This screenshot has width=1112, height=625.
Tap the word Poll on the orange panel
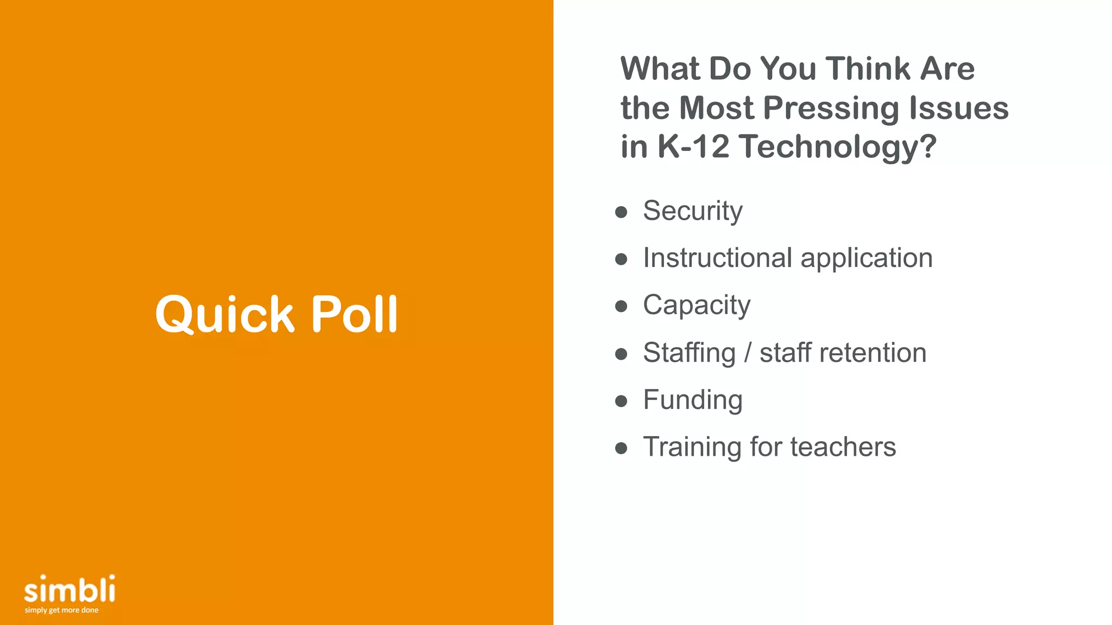click(x=355, y=315)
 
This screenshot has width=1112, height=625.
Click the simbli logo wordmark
click(x=69, y=589)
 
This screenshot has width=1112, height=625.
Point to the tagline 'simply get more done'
click(x=61, y=610)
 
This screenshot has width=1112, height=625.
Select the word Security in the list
click(x=692, y=211)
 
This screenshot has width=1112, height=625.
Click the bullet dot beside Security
click(x=621, y=212)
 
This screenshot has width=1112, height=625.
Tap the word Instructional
click(x=717, y=258)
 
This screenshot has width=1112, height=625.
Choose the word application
click(x=867, y=259)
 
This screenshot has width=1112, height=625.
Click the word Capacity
click(x=697, y=305)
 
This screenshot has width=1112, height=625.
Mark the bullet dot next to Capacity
click(x=621, y=307)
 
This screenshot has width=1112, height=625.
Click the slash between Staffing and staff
click(x=748, y=353)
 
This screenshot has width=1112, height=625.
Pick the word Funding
click(x=692, y=400)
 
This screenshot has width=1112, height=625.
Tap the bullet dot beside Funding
click(x=621, y=401)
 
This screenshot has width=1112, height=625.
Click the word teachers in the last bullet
click(x=843, y=447)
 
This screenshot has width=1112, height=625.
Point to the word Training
click(x=692, y=448)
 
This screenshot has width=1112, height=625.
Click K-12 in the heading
click(x=693, y=146)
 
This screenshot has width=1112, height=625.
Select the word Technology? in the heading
click(x=837, y=148)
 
